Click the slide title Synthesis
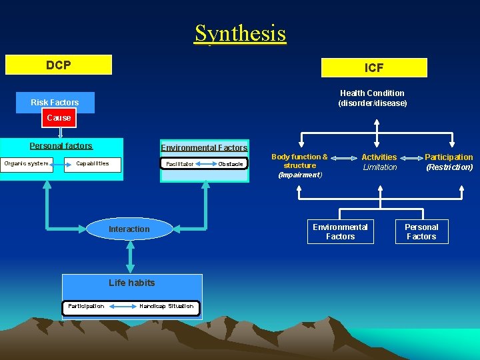point(240,33)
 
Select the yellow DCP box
point(59,65)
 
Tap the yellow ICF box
point(374,68)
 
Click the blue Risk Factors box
point(55,103)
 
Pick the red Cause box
point(59,118)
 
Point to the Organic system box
point(27,164)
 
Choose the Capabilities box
point(93,164)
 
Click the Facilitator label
point(180,164)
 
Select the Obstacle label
point(231,164)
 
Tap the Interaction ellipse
point(129,229)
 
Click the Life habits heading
point(131,283)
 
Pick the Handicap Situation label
point(166,307)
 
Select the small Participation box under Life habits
point(86,307)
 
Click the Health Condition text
point(372,98)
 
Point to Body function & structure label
point(299,165)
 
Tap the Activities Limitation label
point(379,162)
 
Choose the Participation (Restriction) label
point(449,162)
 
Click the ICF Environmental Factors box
point(340,232)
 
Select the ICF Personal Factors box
point(421,232)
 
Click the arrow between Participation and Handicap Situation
point(122,307)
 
